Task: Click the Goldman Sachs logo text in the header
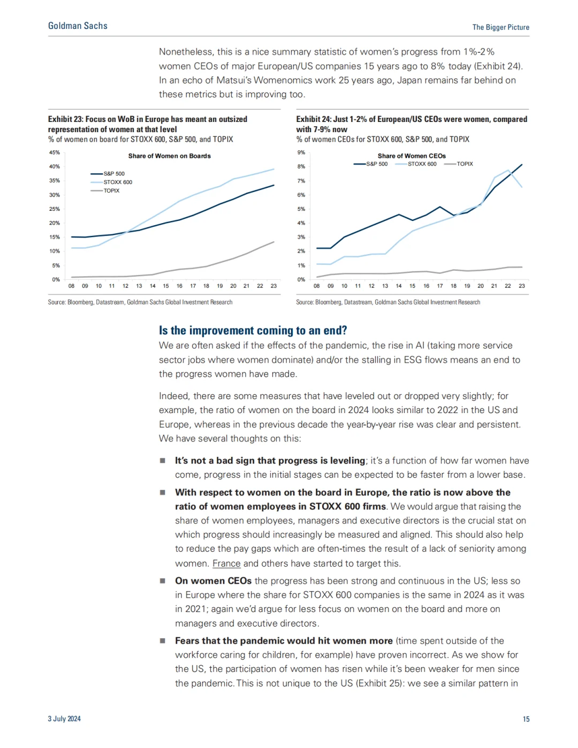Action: (78, 26)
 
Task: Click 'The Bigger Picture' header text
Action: (500, 27)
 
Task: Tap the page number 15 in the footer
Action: (526, 719)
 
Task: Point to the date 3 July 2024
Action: (64, 719)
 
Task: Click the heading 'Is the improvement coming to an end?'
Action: (253, 330)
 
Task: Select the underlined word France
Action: (226, 563)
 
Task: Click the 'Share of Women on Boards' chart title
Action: (169, 156)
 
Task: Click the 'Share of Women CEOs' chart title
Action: (412, 156)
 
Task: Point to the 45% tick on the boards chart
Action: (55, 152)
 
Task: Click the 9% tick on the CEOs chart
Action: (301, 152)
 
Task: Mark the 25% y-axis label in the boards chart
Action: (55, 209)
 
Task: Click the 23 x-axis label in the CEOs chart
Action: (522, 286)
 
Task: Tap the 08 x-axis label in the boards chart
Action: (71, 286)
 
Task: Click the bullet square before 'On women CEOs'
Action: (162, 581)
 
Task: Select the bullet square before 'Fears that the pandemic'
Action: (162, 641)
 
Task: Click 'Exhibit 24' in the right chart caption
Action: (314, 119)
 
